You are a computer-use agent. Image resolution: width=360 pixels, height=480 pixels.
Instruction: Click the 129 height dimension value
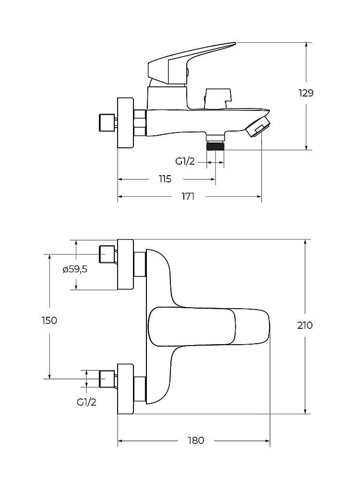tap(306, 93)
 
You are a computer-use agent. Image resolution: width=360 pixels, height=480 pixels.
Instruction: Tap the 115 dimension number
tap(165, 179)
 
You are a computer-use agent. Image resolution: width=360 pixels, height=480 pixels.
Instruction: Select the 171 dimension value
tap(188, 196)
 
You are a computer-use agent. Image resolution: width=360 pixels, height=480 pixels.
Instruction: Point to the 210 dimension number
tap(305, 325)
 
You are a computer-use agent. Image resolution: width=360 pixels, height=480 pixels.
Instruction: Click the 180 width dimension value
tap(196, 441)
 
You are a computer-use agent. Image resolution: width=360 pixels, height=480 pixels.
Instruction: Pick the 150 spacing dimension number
tap(49, 321)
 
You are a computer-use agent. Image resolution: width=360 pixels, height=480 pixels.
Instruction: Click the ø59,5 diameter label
tap(75, 269)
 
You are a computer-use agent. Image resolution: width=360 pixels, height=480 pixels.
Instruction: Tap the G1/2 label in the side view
tap(185, 161)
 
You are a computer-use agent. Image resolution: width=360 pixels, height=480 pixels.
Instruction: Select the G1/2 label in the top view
tap(86, 402)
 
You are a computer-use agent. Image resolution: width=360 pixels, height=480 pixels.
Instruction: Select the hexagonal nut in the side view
tap(140, 122)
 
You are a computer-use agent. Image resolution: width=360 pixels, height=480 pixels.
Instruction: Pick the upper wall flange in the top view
tap(125, 264)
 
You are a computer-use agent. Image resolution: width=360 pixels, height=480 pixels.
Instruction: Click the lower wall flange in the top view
tap(125, 389)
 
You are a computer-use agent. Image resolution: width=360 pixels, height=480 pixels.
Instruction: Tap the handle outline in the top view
tap(208, 327)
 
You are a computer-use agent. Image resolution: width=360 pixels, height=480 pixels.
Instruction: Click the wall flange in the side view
tap(125, 123)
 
